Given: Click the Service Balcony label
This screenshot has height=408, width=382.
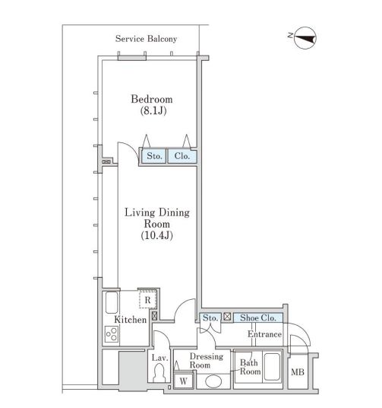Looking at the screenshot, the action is click(x=146, y=39).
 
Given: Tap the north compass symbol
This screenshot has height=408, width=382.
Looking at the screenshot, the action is click(x=304, y=38).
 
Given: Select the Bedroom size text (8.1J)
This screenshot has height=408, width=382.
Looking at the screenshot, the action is click(x=153, y=111).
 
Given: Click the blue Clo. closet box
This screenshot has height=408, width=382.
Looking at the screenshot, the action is click(x=182, y=156).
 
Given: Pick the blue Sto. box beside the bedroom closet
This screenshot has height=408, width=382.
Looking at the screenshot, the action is click(x=153, y=156).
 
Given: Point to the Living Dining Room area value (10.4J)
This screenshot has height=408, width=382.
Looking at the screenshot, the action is click(x=157, y=235).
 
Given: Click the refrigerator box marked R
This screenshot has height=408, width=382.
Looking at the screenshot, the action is click(x=147, y=300).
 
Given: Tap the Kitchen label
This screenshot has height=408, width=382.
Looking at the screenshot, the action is click(x=131, y=320).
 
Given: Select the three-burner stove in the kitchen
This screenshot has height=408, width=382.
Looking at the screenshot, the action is click(x=112, y=334).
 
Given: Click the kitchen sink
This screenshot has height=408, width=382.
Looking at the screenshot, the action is click(x=112, y=303).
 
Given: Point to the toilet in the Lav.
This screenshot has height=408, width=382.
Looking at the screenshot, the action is click(x=159, y=372).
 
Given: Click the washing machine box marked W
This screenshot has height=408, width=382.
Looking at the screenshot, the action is click(x=183, y=381).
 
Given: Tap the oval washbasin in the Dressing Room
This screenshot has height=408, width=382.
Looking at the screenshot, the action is click(x=213, y=381).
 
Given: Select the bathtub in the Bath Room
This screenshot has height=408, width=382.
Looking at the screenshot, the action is click(x=272, y=366).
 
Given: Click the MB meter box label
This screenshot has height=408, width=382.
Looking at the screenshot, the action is click(x=298, y=372).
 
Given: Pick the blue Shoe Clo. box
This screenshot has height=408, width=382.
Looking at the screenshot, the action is click(x=258, y=318).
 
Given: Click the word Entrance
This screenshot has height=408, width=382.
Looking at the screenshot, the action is click(x=264, y=334).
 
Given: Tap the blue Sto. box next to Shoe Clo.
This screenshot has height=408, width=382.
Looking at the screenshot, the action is click(x=210, y=318).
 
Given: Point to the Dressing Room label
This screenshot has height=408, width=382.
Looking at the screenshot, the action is click(x=207, y=361).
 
